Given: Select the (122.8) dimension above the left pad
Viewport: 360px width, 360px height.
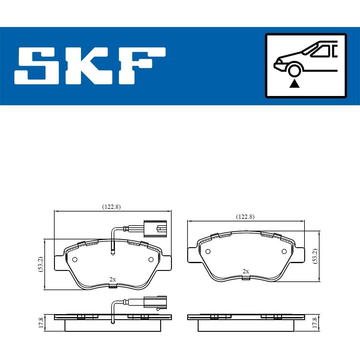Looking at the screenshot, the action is point(112,207).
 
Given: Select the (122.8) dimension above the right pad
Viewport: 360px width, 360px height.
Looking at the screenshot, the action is point(245,217).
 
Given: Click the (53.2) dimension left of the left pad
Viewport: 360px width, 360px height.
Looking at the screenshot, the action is point(41,264).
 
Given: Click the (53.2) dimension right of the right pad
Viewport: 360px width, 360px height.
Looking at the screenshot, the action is point(316,256).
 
